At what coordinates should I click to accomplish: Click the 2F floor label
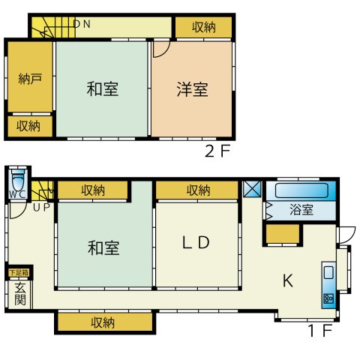(217, 149)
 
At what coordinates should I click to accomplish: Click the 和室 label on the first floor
(103, 247)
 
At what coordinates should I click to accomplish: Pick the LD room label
(198, 244)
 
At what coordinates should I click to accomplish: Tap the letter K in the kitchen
(287, 281)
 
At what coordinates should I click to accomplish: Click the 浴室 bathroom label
(301, 210)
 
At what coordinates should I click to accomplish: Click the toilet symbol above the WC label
(19, 181)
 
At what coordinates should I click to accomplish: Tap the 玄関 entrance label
(20, 294)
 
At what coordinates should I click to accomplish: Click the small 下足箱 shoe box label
(19, 273)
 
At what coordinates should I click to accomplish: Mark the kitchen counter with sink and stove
(329, 283)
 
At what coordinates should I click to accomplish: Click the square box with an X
(252, 190)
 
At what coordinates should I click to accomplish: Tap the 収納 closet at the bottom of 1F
(104, 323)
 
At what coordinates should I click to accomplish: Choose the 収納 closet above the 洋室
(203, 28)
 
